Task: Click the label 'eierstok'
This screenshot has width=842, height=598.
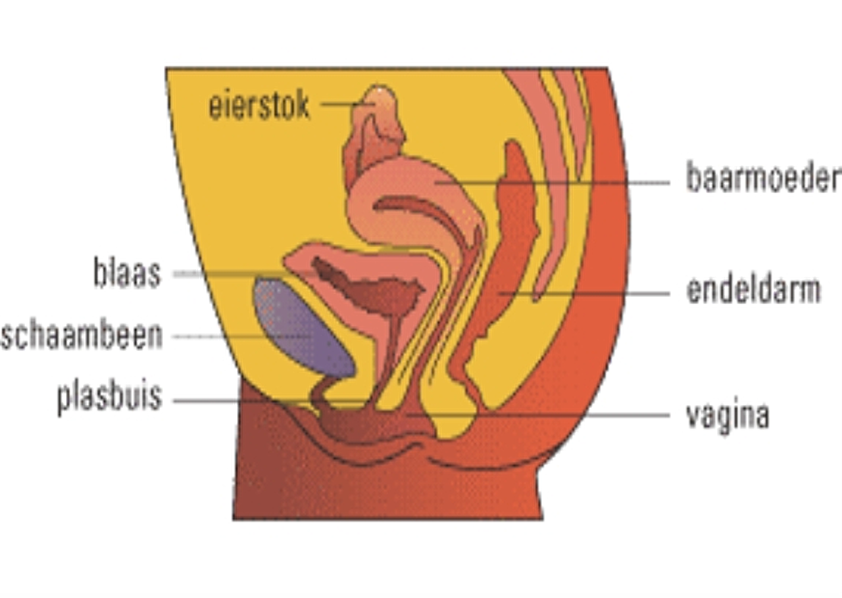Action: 259,106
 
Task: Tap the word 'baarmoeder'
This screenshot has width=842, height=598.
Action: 763,178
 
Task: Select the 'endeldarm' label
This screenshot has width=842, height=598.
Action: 753,290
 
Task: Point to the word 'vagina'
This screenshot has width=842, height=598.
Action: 727,415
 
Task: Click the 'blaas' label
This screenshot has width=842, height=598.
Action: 127,273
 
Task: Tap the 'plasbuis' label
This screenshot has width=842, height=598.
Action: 109,397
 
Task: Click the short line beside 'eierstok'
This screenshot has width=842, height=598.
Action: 339,104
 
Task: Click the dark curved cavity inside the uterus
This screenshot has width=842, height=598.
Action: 421,210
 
